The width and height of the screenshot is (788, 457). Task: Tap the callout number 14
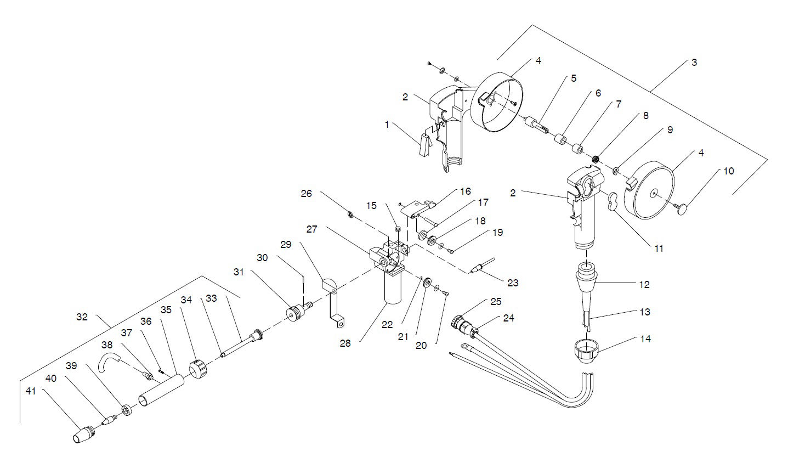point(645,339)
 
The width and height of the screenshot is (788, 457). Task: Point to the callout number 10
point(728,171)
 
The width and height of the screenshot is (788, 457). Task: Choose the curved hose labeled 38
point(109,363)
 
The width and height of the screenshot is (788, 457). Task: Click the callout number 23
point(513,283)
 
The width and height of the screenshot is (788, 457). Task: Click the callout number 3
point(694,63)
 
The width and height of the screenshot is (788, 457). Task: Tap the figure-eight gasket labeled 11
point(613,201)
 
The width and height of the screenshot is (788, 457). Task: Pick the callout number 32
point(83,317)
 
